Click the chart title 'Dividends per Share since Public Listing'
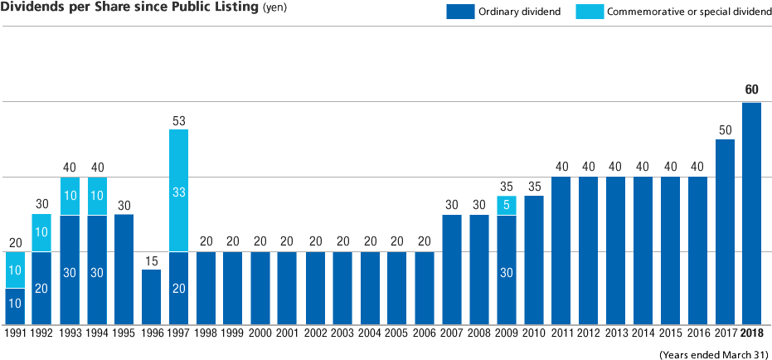click(x=129, y=8)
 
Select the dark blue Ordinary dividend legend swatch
click(x=459, y=12)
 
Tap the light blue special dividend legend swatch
click(x=590, y=12)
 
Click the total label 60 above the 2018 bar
click(x=752, y=90)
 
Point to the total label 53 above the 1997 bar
click(x=178, y=120)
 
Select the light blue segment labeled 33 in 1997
click(x=178, y=191)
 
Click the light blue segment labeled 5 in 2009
click(x=507, y=205)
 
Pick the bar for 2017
click(x=725, y=232)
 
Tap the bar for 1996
click(x=151, y=297)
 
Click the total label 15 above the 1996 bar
click(x=151, y=260)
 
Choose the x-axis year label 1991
click(x=15, y=333)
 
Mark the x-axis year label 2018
click(x=752, y=333)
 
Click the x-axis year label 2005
click(x=397, y=333)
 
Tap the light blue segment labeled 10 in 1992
click(x=41, y=233)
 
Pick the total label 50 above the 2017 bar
click(x=725, y=130)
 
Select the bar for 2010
click(x=534, y=260)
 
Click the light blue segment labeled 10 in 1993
click(x=70, y=196)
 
